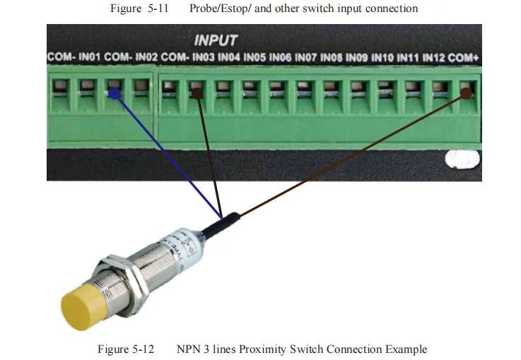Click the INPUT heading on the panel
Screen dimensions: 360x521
coord(216,40)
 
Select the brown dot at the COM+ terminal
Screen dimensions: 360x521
coord(465,92)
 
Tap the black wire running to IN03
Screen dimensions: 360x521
coord(210,156)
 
